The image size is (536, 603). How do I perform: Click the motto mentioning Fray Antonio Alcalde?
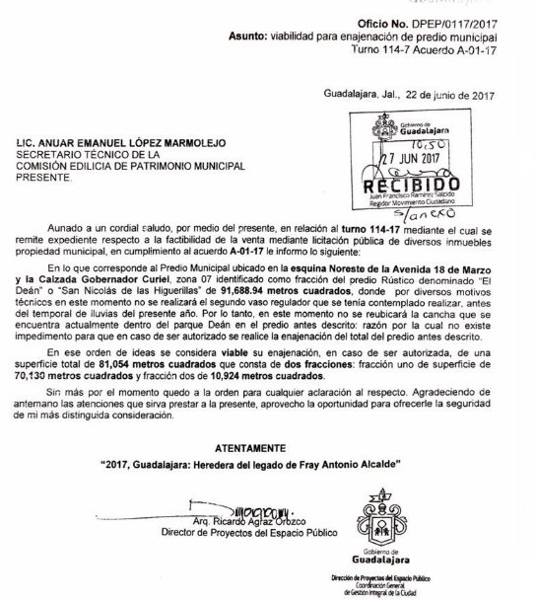click(x=268, y=463)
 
